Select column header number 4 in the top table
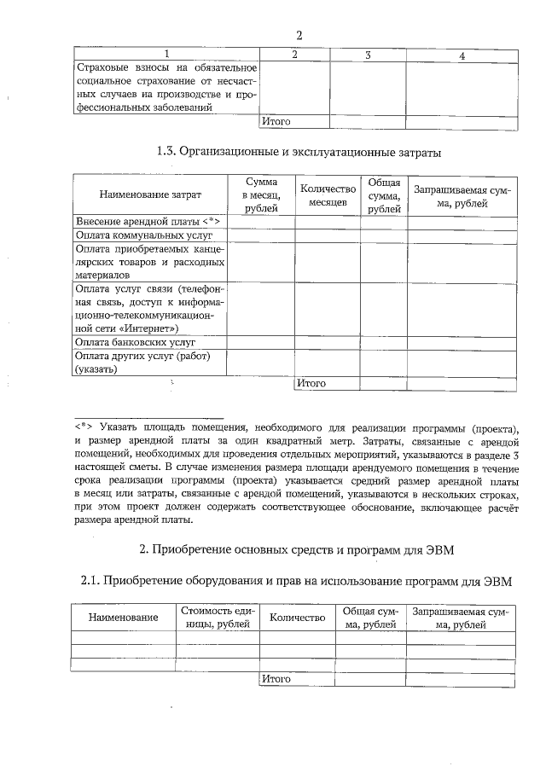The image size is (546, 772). [x=461, y=55]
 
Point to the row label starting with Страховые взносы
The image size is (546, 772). [x=166, y=87]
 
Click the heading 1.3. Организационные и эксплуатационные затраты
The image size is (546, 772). [x=299, y=153]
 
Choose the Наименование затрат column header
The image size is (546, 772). [x=150, y=195]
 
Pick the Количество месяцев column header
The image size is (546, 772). [x=328, y=195]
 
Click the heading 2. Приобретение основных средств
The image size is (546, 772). [x=299, y=549]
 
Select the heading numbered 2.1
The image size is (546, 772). [x=299, y=582]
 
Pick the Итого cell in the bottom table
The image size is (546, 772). [x=276, y=679]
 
